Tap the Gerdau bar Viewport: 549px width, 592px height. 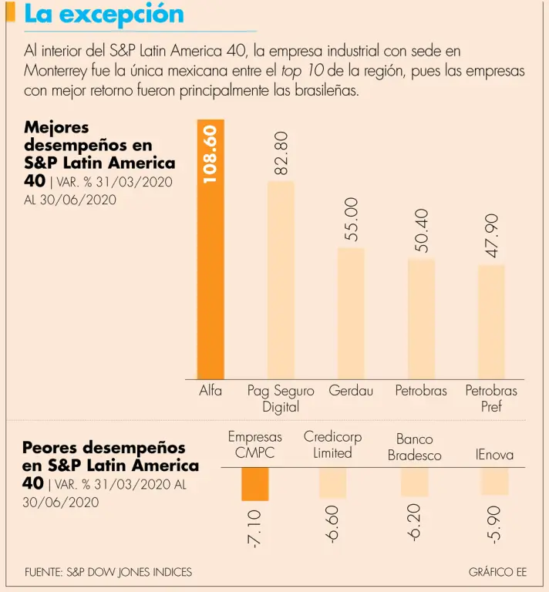tap(351, 312)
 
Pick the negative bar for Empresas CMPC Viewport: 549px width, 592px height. tap(255, 484)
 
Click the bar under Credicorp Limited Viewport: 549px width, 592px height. tap(332, 483)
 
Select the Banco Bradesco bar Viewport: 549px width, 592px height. tap(414, 482)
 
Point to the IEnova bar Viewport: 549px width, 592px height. tap(494, 481)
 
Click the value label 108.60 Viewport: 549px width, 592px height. tap(211, 154)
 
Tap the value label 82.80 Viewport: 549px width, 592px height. tap(281, 152)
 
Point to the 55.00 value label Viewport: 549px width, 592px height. tap(351, 219)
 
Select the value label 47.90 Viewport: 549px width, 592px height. tap(492, 236)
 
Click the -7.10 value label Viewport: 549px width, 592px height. tap(255, 528)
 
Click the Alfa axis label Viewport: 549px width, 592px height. tap(211, 391)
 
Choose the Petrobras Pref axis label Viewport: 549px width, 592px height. tap(491, 399)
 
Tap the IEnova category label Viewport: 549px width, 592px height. tap(494, 455)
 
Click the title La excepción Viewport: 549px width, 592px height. tap(104, 14)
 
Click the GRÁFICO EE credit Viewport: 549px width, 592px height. tap(497, 572)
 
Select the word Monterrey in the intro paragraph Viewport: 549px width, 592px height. tap(57, 71)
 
